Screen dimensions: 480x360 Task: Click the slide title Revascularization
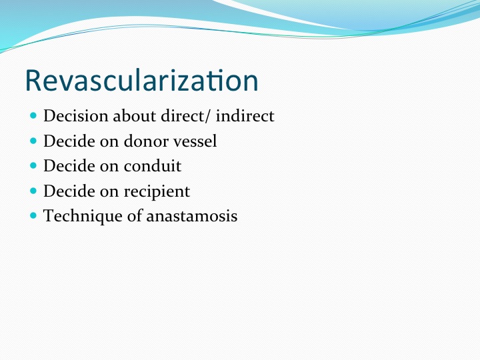click(x=142, y=80)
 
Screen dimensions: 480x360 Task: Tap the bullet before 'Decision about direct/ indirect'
click(x=33, y=116)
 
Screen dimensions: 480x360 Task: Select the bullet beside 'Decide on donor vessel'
click(x=33, y=141)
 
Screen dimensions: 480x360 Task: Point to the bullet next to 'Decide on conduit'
click(x=33, y=165)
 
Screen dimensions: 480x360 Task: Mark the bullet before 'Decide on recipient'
click(x=33, y=191)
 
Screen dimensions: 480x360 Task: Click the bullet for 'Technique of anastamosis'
click(x=33, y=215)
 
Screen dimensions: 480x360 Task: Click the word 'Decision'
click(x=76, y=116)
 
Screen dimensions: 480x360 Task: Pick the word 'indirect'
click(x=245, y=116)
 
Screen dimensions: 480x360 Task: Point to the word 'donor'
click(x=146, y=141)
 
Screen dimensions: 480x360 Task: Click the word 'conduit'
click(x=153, y=166)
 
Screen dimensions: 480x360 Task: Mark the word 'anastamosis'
click(x=191, y=216)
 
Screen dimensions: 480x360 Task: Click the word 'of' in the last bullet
click(x=135, y=215)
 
